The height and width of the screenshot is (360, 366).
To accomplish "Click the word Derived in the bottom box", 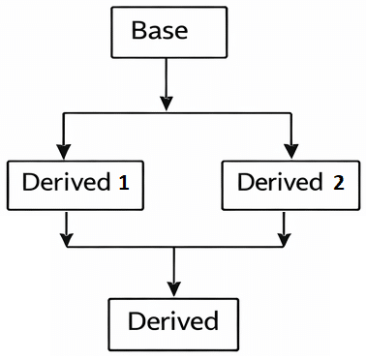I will point(172,319).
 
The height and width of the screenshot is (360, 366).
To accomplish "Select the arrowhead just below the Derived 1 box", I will point(64,236).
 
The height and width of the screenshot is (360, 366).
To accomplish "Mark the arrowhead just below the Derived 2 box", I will point(283,236).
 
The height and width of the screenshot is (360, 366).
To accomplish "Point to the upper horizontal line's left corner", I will point(64,115).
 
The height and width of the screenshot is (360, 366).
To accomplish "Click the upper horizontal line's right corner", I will point(289,115).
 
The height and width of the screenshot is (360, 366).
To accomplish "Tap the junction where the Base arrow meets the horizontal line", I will point(167,115).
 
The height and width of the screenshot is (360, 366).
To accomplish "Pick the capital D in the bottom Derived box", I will point(135,319).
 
